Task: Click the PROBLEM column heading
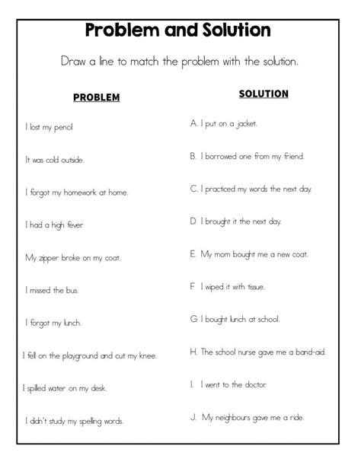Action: click(96, 97)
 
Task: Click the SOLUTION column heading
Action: click(264, 94)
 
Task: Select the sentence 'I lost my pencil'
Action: click(49, 126)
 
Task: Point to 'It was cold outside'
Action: click(55, 160)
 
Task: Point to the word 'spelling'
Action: click(87, 421)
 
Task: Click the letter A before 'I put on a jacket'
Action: click(193, 122)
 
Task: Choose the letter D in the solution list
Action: click(193, 221)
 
